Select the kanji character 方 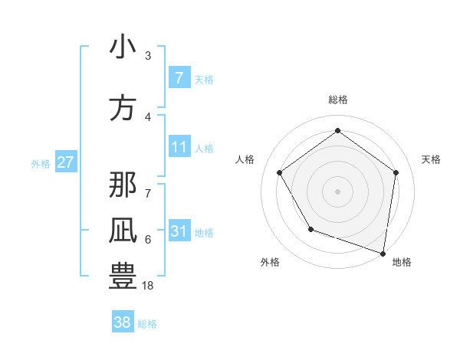(x=123, y=108)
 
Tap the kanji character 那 (x=123, y=185)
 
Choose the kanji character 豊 (x=123, y=277)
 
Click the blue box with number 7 (x=179, y=78)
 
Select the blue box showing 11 (x=179, y=147)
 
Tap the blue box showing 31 (x=179, y=231)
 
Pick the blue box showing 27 (x=65, y=162)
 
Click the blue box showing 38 (x=122, y=322)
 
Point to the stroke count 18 (x=148, y=285)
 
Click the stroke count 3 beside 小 (x=148, y=55)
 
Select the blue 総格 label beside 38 (x=147, y=324)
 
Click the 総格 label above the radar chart (x=337, y=100)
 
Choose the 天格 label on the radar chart (x=431, y=159)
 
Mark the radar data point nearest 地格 (x=383, y=252)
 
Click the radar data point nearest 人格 (x=279, y=172)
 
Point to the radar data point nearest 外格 (x=310, y=228)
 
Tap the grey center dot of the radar (x=337, y=191)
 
